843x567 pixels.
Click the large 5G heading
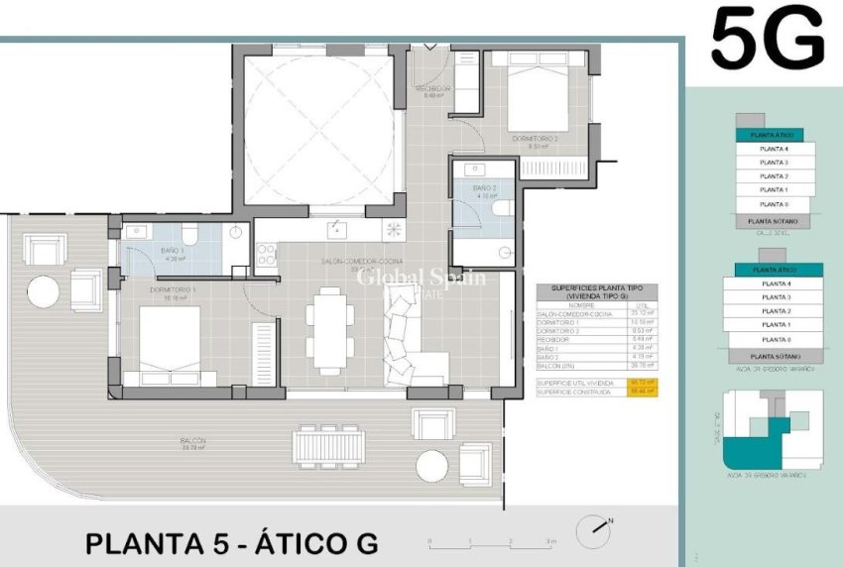pos(768,39)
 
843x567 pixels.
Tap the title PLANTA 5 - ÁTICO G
pos(232,544)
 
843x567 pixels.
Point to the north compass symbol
pos(595,527)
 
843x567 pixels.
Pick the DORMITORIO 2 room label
pos(535,139)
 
